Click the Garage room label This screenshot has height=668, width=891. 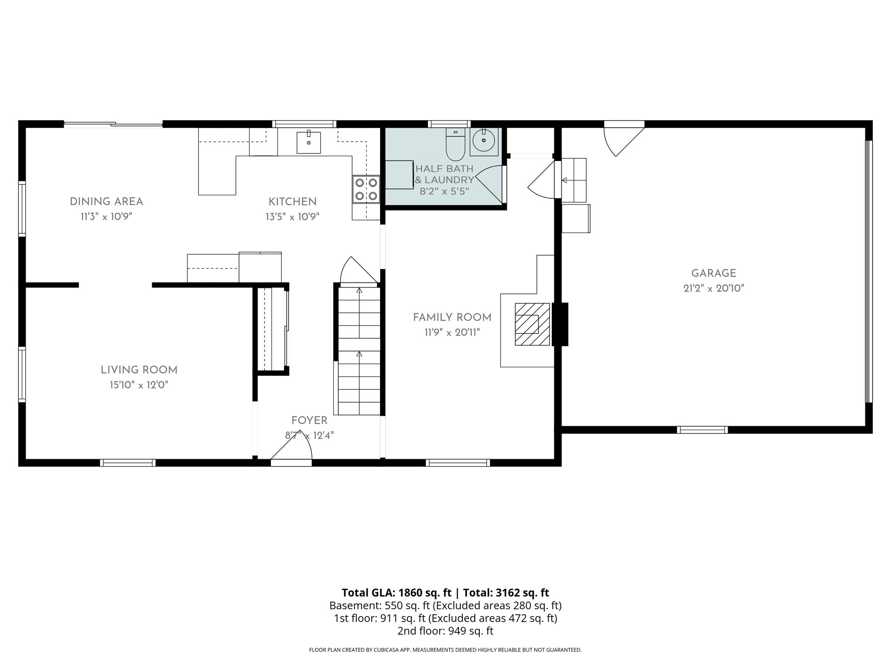coord(714,273)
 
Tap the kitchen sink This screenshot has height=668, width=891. coord(309,142)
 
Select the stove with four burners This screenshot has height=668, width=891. coord(366,189)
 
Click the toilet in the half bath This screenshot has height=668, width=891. coord(455,144)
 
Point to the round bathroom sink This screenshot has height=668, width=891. coord(484,140)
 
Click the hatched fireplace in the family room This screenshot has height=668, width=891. coord(532,324)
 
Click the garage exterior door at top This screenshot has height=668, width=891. coord(623,138)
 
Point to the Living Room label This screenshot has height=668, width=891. coord(139,370)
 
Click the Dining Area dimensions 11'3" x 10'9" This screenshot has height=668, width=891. coord(106,217)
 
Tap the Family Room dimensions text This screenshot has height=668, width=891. coord(452,332)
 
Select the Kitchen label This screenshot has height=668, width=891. coord(292,202)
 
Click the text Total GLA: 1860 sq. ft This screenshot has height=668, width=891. coord(397,592)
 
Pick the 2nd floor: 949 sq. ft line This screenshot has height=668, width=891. coord(445,631)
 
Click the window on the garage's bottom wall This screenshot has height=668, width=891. coord(702,430)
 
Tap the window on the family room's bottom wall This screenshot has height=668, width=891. coord(458,462)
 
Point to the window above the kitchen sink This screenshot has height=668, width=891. coord(304,124)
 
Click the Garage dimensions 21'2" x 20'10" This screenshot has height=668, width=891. coord(714,288)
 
